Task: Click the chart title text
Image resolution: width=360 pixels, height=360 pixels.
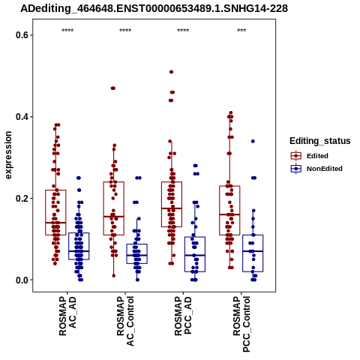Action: (154, 8)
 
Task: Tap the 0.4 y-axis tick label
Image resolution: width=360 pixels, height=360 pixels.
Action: (21, 117)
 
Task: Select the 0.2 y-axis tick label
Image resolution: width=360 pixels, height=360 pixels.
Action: (21, 199)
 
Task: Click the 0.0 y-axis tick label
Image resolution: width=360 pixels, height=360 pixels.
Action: (21, 280)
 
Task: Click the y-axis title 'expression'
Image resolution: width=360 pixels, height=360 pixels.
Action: (8, 155)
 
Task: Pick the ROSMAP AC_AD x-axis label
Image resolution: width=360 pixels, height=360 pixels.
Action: (67, 316)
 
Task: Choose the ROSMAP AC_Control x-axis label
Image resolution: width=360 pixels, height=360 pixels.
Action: (125, 321)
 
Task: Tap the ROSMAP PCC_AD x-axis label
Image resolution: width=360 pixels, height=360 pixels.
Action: (183, 316)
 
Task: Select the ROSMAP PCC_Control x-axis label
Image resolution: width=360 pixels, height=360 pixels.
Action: (241, 324)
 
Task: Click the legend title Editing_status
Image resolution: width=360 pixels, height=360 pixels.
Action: (320, 141)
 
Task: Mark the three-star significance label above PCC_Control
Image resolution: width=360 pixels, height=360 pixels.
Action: (241, 31)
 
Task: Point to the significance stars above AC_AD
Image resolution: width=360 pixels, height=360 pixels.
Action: (67, 31)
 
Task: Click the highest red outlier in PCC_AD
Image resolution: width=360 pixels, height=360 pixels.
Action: (171, 72)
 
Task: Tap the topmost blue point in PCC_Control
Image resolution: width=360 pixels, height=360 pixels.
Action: (253, 142)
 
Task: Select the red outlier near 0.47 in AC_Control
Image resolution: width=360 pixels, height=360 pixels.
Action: (113, 88)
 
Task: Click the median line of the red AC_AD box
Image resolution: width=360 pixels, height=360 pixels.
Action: (55, 223)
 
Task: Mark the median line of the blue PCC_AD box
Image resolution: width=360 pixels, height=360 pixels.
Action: (195, 255)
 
